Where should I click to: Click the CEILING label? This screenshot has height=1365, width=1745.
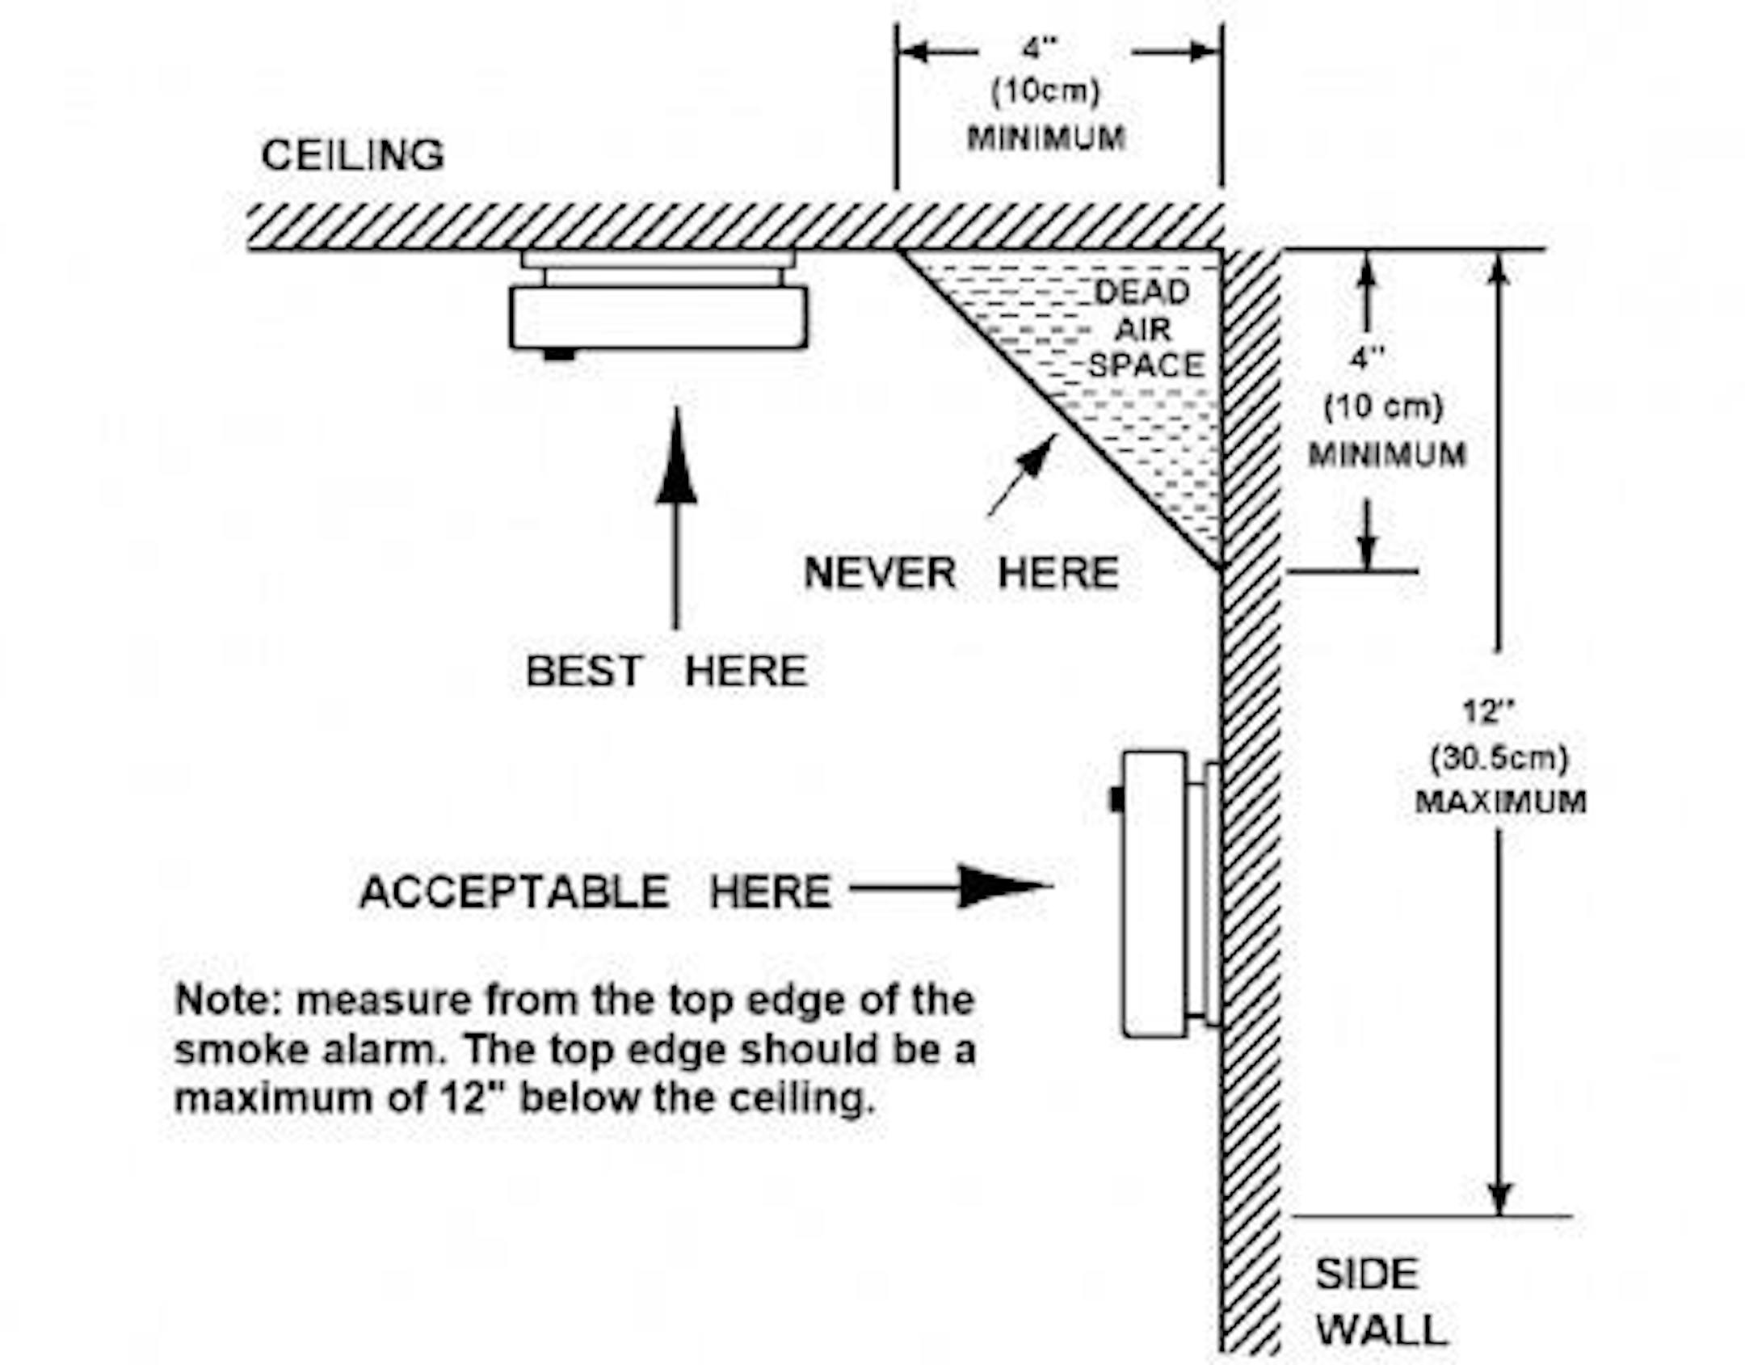coord(352,155)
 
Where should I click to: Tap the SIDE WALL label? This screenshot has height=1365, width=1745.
coord(1378,1302)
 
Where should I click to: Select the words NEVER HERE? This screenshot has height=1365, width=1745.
coord(961,574)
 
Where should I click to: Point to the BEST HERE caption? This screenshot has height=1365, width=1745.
coord(666,671)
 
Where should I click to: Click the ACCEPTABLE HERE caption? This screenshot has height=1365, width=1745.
coord(595,892)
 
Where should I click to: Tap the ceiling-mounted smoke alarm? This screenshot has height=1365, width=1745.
coord(658,315)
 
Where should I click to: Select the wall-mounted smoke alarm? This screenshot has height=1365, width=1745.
coord(1155,894)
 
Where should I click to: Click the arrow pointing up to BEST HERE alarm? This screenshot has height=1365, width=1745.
coord(676,517)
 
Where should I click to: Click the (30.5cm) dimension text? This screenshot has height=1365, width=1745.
coord(1499,758)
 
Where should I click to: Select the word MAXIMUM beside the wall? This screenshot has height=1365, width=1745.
coord(1500,802)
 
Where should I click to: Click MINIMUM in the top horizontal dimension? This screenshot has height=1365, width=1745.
coord(1046,139)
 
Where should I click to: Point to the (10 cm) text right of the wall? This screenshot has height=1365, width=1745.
coord(1383,406)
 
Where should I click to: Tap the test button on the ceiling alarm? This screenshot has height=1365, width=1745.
coord(559,354)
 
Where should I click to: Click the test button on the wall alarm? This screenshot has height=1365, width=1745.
coord(1116,799)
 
